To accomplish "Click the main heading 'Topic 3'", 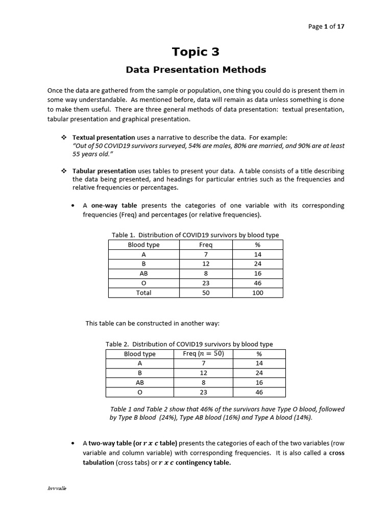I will (196, 51).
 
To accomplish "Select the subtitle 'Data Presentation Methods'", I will (196, 69).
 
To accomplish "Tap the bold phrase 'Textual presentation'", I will (104, 138).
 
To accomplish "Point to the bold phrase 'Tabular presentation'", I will (104, 171).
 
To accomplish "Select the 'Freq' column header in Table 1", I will (206, 245).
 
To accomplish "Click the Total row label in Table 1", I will (143, 293).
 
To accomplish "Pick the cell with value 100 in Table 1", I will (257, 293).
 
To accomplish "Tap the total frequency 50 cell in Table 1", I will (206, 293).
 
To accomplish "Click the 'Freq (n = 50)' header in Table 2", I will (203, 354).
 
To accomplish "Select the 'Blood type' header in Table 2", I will (140, 354).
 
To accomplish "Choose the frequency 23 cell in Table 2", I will (203, 392).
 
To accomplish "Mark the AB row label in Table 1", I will (143, 274).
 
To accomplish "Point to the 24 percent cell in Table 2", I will (259, 373).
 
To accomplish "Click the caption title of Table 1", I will (195, 235).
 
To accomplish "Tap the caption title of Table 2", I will (189, 344).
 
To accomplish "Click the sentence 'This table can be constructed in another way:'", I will (152, 323).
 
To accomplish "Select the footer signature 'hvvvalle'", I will (57, 488).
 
